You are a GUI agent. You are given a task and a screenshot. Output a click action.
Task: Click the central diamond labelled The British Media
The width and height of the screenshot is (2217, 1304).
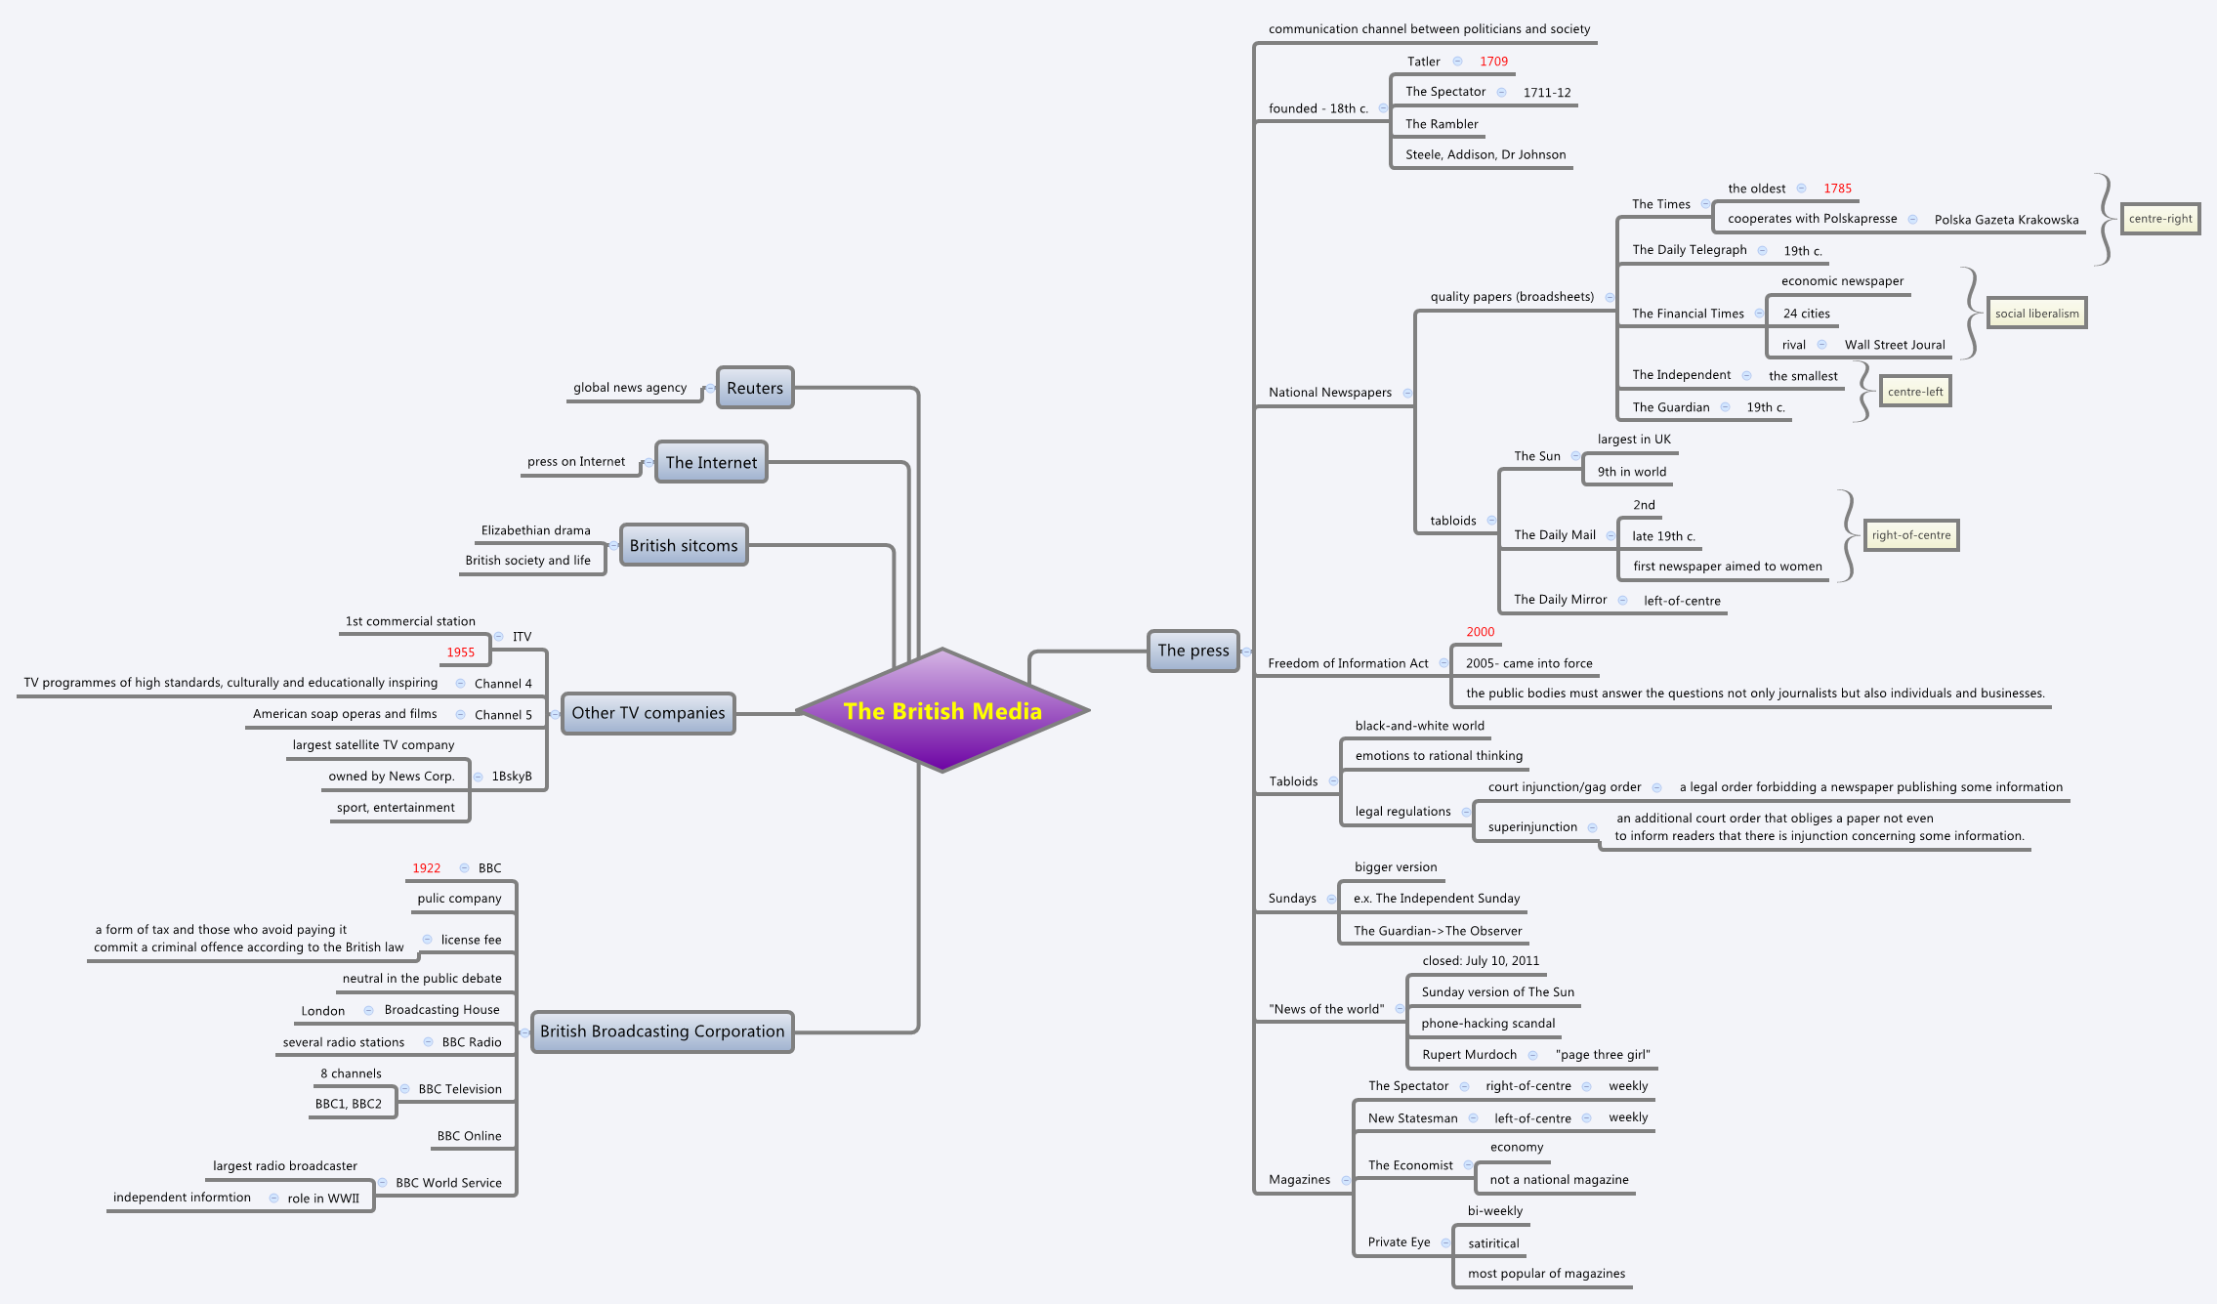point(942,710)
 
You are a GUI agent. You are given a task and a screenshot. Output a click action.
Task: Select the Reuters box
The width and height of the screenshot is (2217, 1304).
point(755,388)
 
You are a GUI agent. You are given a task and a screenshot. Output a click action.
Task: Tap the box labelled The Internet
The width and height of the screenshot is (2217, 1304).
point(711,462)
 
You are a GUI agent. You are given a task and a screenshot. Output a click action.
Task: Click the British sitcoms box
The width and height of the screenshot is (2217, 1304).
point(684,545)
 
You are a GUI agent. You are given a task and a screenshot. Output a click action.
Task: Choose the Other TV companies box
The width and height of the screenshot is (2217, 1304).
point(648,713)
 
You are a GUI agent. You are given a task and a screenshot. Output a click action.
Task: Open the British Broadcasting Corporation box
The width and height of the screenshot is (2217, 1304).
point(662,1031)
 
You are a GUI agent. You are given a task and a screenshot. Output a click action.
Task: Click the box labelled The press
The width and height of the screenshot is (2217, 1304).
point(1192,651)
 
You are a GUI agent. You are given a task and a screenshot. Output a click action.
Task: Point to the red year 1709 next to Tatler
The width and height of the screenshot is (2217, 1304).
point(1493,62)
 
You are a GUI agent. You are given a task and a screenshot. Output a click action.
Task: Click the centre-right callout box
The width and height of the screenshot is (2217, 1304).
point(2159,219)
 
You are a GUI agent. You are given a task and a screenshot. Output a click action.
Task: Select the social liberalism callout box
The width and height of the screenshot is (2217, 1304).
point(2036,314)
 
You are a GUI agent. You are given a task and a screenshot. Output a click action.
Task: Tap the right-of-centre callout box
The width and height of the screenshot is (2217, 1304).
point(1910,535)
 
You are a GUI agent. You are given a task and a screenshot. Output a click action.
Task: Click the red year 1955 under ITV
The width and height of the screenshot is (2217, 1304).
point(461,652)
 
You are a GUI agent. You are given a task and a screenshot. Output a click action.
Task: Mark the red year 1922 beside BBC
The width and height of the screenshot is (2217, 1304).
point(426,868)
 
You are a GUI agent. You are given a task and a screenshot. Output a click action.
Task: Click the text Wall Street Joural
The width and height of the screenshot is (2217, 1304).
point(1894,345)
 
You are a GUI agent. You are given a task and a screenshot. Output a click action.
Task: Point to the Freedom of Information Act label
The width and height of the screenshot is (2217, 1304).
point(1347,663)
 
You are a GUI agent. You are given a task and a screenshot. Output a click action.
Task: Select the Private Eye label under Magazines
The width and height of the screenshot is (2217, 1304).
point(1399,1242)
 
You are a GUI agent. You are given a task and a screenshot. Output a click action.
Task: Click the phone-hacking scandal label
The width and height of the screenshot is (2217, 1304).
point(1487,1024)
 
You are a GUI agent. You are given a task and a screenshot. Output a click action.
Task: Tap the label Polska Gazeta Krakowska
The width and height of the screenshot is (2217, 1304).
point(2006,220)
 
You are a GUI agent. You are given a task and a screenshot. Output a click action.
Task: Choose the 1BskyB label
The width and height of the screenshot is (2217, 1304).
point(512,777)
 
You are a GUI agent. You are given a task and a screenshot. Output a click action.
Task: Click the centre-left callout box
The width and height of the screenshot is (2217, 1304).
point(1914,392)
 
